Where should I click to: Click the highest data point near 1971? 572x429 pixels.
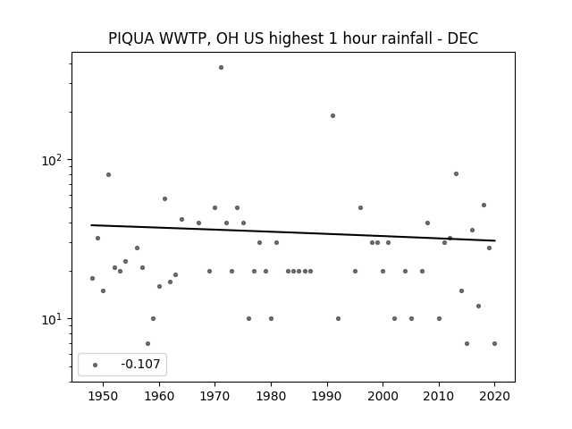coord(221,68)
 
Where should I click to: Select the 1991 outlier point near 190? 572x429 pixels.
coord(332,115)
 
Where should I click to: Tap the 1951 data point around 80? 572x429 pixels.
coord(108,175)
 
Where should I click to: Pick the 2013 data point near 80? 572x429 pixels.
coord(456,174)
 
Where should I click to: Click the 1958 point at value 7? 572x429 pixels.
coord(147,343)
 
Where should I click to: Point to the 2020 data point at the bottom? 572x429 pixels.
coord(494,343)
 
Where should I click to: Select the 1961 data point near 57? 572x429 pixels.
coord(164,198)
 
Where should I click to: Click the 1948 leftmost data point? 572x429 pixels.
coord(92,278)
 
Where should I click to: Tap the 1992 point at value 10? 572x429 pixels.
coord(338,318)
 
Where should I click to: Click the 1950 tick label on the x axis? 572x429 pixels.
coord(104,396)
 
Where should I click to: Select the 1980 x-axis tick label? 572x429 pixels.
coord(271,396)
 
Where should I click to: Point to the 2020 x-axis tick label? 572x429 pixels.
coord(494,396)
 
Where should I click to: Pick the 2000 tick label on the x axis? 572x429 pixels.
coord(383,396)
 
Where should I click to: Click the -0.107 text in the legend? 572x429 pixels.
coord(140,364)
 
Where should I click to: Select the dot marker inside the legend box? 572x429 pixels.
coord(96,365)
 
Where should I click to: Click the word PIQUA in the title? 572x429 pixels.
coord(131,38)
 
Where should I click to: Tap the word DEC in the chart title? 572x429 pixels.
coord(463,38)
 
